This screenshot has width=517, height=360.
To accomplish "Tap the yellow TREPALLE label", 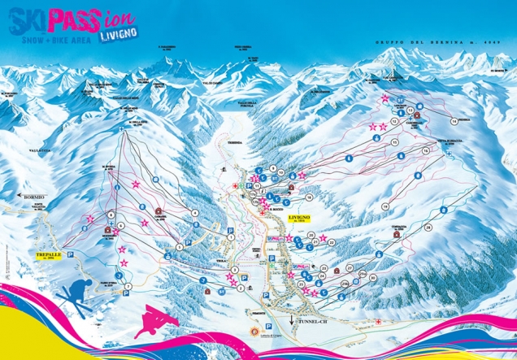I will (49, 255).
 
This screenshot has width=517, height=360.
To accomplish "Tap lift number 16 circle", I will (425, 150).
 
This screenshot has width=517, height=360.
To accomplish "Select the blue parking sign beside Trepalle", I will (70, 254).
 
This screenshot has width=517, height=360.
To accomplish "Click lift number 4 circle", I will (196, 213).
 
